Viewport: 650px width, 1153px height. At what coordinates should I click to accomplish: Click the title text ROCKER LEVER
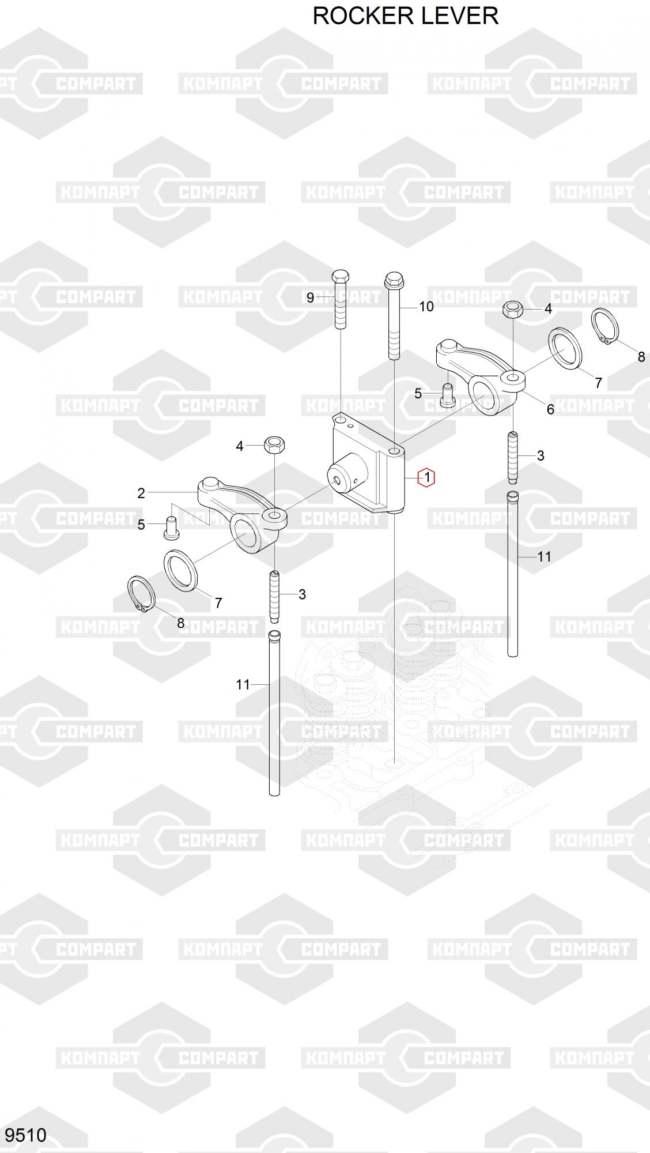pyautogui.click(x=405, y=16)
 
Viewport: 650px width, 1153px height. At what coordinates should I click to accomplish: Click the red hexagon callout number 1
pyautogui.click(x=426, y=477)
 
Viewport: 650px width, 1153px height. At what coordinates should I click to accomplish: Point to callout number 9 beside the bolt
pyautogui.click(x=310, y=297)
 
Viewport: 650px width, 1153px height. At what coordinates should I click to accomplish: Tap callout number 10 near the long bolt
pyautogui.click(x=426, y=306)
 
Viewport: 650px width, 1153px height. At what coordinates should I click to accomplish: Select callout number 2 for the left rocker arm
pyautogui.click(x=141, y=493)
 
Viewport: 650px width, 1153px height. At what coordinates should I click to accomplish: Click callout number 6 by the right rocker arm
pyautogui.click(x=550, y=409)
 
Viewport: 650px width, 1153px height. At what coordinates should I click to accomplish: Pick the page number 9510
pyautogui.click(x=25, y=1135)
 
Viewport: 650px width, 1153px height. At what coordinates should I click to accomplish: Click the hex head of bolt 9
pyautogui.click(x=340, y=276)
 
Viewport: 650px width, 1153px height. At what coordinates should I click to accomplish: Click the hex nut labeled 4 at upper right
pyautogui.click(x=512, y=310)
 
